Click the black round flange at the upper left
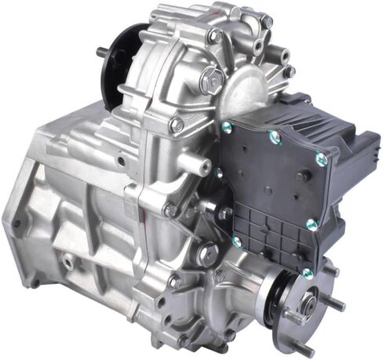click(118, 63)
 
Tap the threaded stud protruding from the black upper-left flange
click(103, 53)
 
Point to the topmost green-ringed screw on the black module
click(227, 125)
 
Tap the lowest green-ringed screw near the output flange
click(307, 273)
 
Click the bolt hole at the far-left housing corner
click(16, 224)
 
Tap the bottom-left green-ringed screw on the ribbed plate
click(237, 242)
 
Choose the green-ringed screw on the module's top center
click(275, 138)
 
